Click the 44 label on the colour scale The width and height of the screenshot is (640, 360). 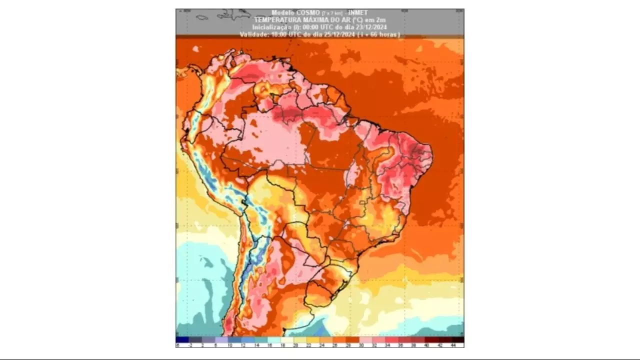click(x=452, y=345)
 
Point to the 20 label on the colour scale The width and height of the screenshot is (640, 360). click(x=296, y=345)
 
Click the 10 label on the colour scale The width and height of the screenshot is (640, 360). click(x=230, y=345)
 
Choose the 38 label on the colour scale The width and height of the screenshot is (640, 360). click(x=413, y=345)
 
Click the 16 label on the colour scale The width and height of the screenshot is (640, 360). click(x=269, y=345)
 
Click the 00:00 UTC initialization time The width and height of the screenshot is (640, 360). click(x=316, y=27)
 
